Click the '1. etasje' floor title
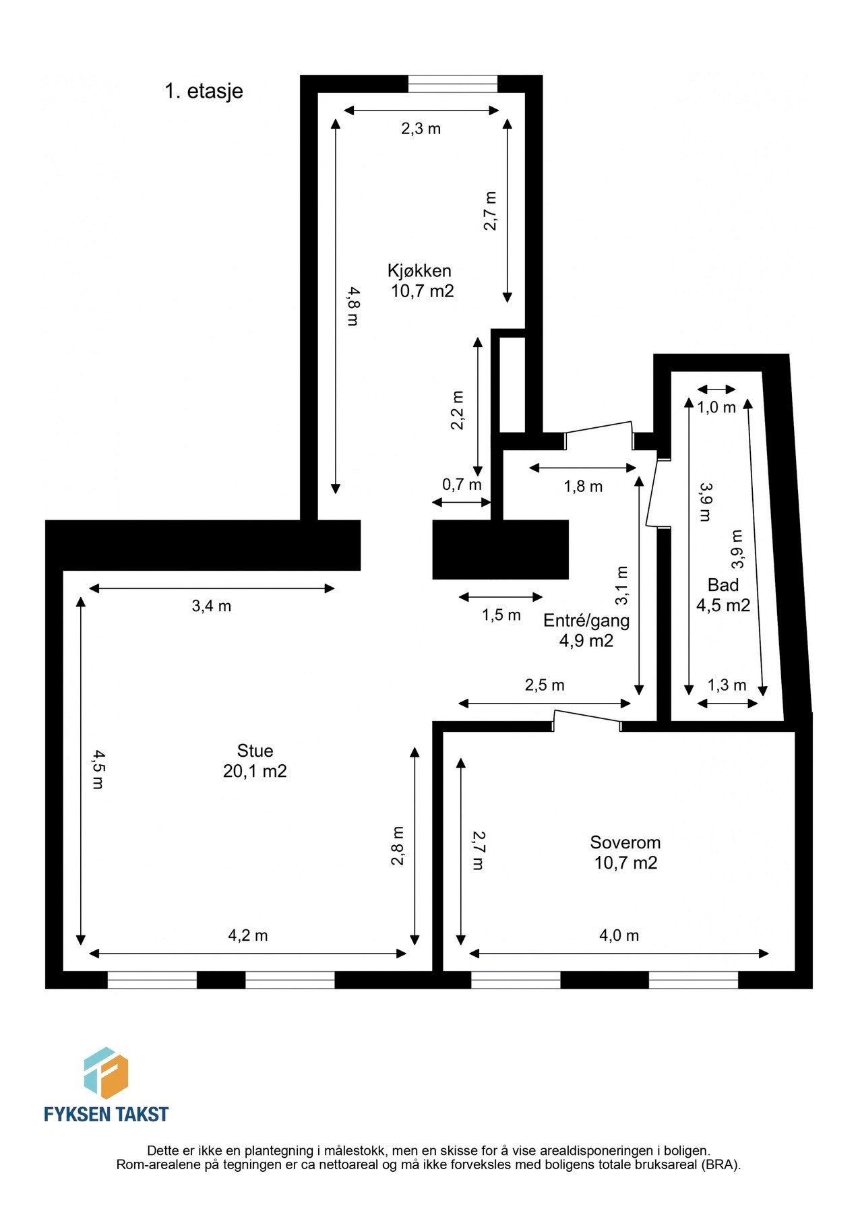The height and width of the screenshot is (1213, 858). (204, 91)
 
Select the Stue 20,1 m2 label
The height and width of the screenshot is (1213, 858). (255, 761)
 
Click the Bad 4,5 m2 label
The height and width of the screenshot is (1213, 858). (723, 594)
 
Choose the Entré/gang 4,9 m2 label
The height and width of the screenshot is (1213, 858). (586, 630)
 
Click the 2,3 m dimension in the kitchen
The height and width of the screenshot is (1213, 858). (421, 128)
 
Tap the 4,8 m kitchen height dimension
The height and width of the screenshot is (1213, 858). (353, 307)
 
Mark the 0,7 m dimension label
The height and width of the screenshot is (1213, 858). (462, 485)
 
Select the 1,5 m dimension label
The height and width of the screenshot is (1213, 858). (501, 615)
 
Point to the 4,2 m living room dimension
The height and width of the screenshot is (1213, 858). (248, 935)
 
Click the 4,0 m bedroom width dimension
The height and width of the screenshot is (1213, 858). (619, 935)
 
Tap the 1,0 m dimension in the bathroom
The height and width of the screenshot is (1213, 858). (716, 407)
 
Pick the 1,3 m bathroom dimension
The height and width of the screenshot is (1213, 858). (727, 685)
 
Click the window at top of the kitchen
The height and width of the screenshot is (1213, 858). (453, 84)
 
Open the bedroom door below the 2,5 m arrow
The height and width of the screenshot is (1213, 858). (586, 718)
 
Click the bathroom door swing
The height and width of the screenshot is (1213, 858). (653, 492)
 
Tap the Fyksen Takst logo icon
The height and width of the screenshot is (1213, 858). (106, 1073)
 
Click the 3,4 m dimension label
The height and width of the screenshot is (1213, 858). (211, 606)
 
